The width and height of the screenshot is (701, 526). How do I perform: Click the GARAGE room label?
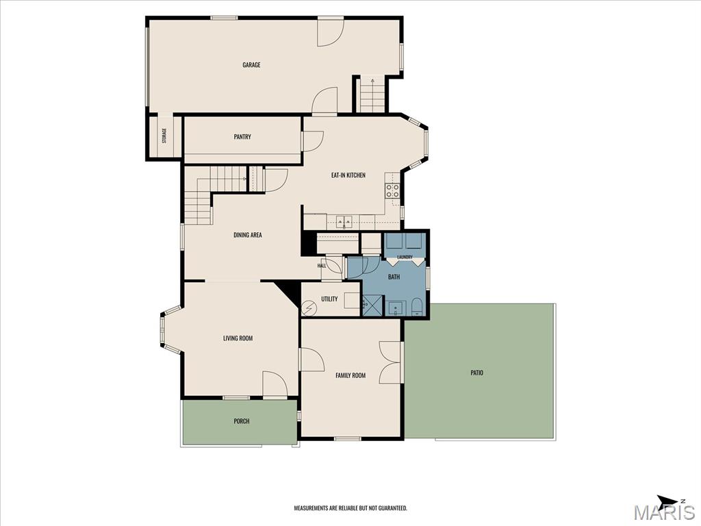(251, 65)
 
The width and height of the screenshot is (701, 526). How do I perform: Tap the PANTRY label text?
(242, 137)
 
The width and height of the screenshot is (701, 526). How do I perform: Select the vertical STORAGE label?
(164, 136)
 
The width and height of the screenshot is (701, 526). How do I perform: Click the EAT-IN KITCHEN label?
(348, 175)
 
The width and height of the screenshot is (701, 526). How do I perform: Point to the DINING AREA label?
(248, 235)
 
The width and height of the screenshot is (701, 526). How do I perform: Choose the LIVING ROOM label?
(238, 338)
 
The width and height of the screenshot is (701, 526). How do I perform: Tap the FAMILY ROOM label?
(350, 375)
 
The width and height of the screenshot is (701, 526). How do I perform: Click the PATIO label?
(477, 373)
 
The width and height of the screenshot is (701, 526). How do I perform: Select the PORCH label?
(242, 421)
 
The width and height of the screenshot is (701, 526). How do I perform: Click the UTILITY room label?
(329, 299)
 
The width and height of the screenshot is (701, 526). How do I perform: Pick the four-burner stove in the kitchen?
(392, 191)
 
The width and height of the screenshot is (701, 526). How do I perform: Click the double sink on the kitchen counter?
(344, 221)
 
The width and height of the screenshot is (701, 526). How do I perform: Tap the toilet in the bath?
(416, 307)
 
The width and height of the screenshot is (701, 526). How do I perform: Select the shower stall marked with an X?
(370, 305)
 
